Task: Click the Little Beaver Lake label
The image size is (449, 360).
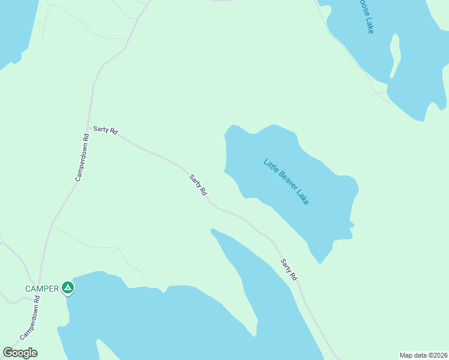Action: click(x=286, y=182)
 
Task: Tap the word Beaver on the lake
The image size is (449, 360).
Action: click(x=286, y=181)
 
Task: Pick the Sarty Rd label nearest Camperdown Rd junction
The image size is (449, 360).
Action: click(x=105, y=130)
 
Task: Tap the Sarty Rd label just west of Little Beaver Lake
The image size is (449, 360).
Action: click(x=198, y=185)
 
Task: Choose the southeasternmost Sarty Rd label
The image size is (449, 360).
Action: click(x=289, y=269)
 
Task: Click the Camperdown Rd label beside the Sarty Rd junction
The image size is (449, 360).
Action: click(x=82, y=157)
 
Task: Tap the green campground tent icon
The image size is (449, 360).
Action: click(x=68, y=289)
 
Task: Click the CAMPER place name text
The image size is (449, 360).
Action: click(x=41, y=289)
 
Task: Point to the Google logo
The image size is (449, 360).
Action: click(x=20, y=353)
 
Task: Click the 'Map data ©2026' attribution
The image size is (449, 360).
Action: click(x=423, y=355)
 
